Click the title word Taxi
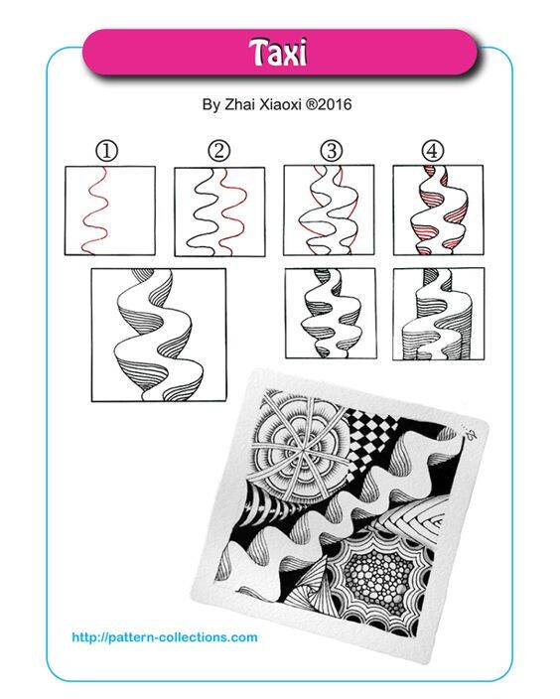point(278,53)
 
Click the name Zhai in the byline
point(239,105)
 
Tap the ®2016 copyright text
point(329,105)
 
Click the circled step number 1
point(107,152)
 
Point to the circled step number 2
point(218,151)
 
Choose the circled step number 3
point(331,151)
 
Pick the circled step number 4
point(433,151)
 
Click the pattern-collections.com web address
point(165,637)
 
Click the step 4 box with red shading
point(438,210)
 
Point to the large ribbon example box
point(159,335)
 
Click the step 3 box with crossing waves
point(329,210)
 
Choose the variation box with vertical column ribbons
point(439,314)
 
